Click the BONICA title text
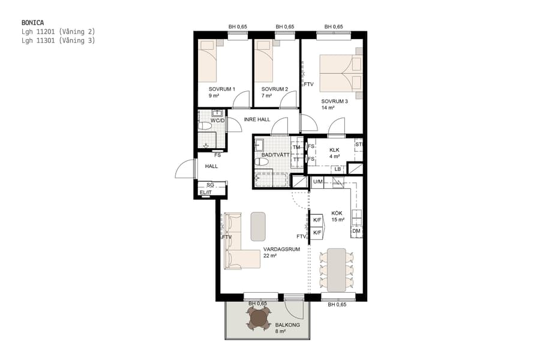pos(33,23)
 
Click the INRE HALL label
pos(257,119)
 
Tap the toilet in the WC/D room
pos(205,126)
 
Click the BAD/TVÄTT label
pos(275,155)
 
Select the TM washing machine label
pos(296,147)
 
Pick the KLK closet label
pos(335,150)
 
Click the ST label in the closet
pos(358,145)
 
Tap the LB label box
pos(338,169)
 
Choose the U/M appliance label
pos(318,181)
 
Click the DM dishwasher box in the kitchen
pos(356,231)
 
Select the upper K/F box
pos(317,220)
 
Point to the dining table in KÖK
pos(337,269)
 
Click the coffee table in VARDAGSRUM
pos(258,226)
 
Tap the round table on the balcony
pos(258,319)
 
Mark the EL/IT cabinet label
pos(206,193)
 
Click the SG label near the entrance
pos(210,185)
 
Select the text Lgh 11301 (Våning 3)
pos(58,41)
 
